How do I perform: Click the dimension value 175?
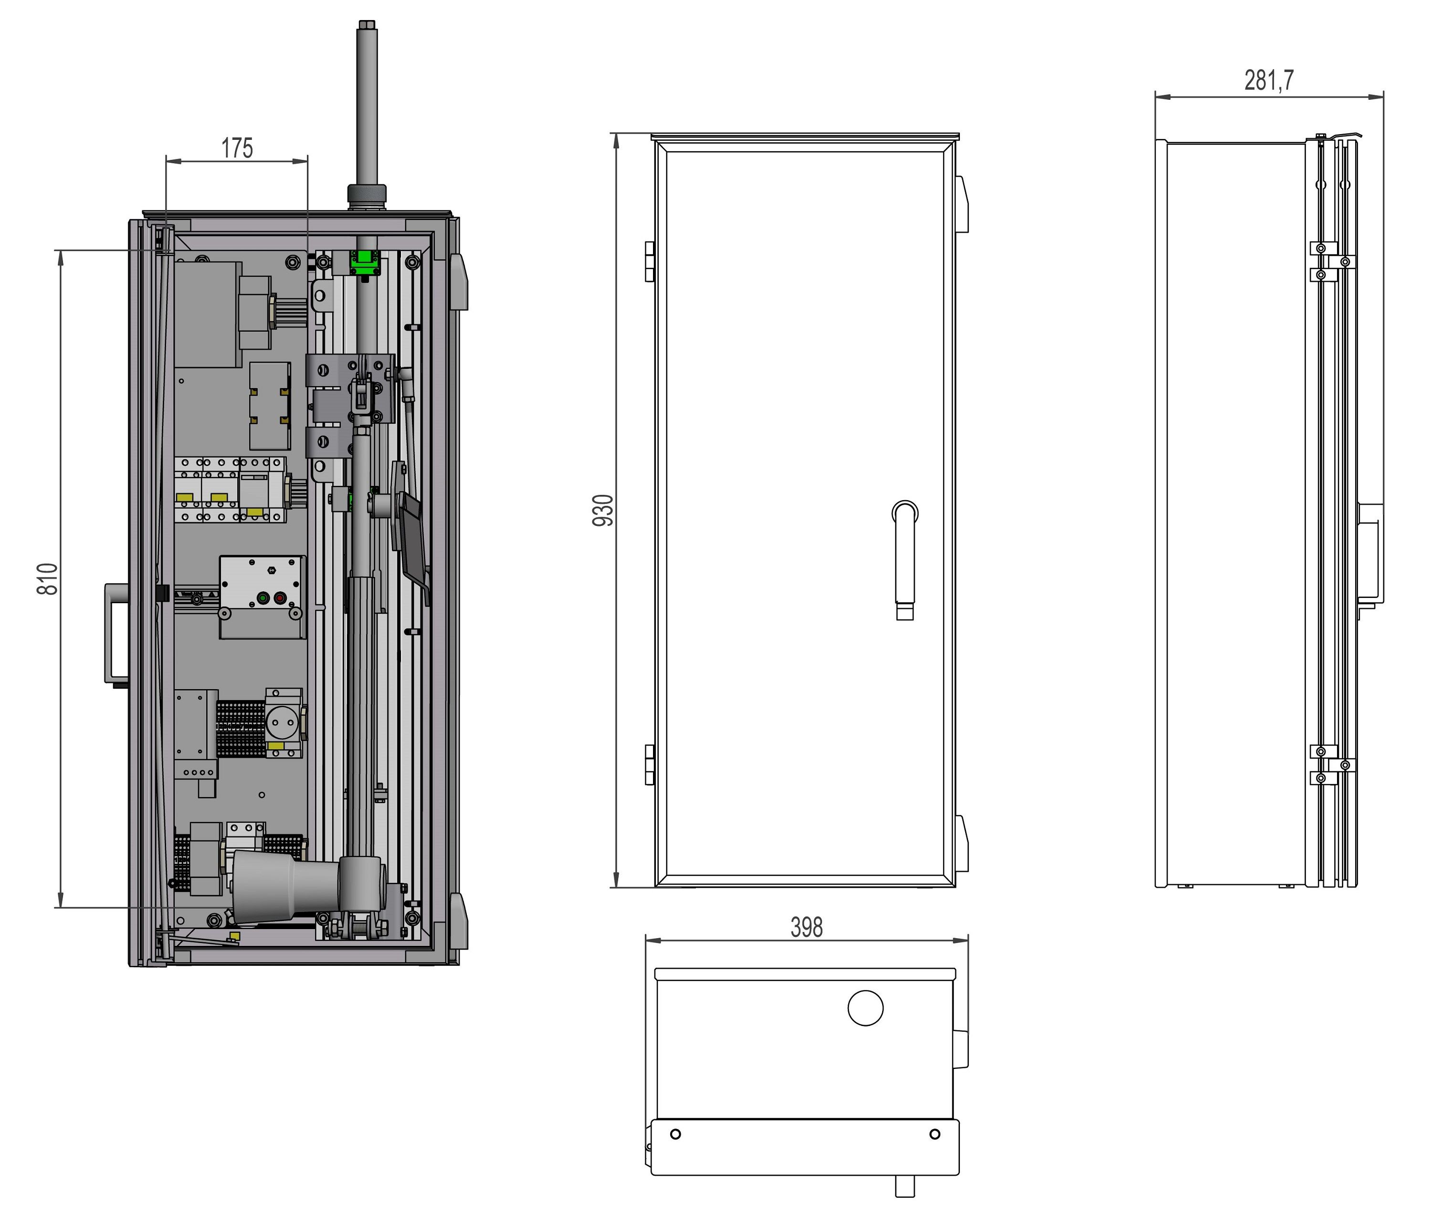(x=237, y=147)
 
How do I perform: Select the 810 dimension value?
(x=47, y=578)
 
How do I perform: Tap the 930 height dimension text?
(x=603, y=510)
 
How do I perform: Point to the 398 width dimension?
(x=807, y=927)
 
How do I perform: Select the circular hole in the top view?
(x=865, y=1008)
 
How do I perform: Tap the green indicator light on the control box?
(x=263, y=598)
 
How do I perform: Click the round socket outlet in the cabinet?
(x=281, y=722)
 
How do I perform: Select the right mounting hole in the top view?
(x=935, y=1134)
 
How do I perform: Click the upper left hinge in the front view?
(x=650, y=262)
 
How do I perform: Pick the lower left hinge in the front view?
(x=650, y=765)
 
